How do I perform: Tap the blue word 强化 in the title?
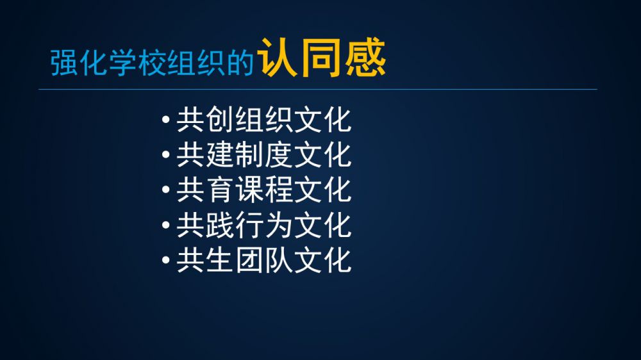79,63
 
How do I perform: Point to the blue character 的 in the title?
240,63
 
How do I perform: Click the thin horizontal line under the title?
318,89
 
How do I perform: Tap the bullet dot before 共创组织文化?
165,120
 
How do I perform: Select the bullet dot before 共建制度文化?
165,155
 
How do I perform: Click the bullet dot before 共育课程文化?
165,190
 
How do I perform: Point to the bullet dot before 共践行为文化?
165,225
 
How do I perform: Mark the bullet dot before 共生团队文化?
165,260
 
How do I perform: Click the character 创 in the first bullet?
220,120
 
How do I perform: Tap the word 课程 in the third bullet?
264,190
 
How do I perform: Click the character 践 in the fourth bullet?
220,225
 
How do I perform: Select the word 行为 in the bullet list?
264,225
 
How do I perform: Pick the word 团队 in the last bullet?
264,260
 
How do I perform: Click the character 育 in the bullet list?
220,190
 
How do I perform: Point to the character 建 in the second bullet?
220,155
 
